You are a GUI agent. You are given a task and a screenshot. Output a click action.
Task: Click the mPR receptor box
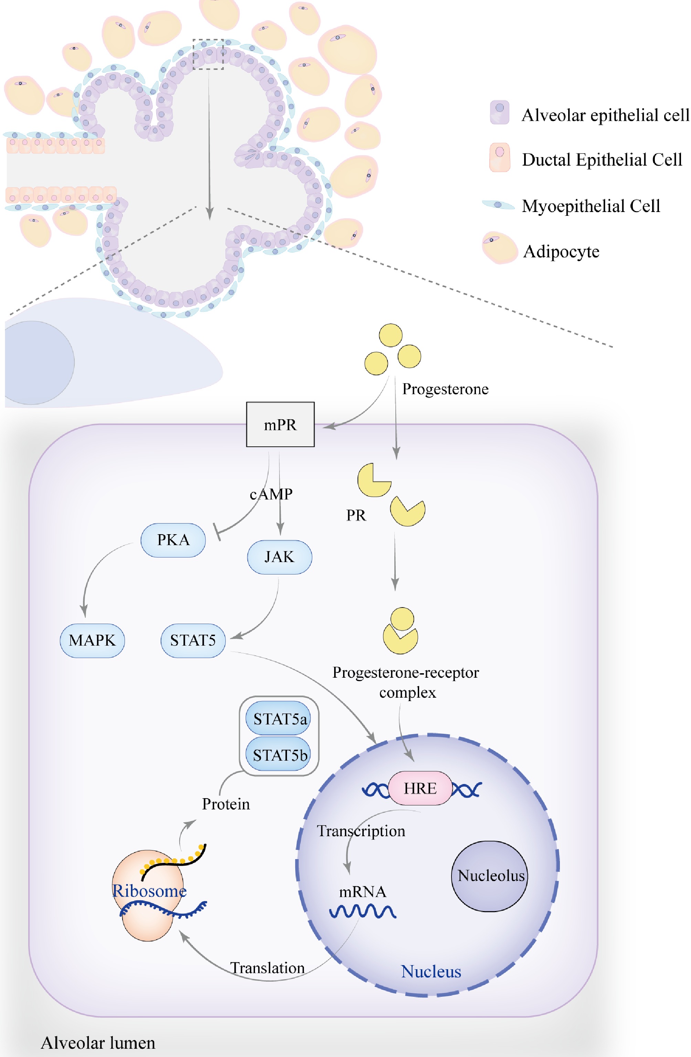click(280, 425)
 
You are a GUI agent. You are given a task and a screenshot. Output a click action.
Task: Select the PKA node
click(173, 540)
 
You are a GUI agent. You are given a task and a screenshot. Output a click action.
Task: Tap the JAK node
click(279, 557)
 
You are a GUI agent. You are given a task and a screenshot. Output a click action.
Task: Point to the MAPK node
click(92, 641)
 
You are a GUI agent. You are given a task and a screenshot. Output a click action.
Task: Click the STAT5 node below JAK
click(193, 641)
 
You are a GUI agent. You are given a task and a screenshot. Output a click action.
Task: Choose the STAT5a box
click(278, 719)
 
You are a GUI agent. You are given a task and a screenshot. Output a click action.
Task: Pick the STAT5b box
click(278, 755)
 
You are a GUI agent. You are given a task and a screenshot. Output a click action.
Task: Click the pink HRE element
click(420, 788)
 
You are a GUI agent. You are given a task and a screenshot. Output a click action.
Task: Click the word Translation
click(267, 968)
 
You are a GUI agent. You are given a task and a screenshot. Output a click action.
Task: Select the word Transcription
click(361, 831)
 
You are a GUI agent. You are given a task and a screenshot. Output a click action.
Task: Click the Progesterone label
click(445, 389)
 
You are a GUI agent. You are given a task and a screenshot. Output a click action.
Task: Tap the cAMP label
click(271, 494)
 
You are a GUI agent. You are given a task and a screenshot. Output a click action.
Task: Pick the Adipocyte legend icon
click(500, 248)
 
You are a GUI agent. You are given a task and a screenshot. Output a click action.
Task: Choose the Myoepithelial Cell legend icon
click(498, 205)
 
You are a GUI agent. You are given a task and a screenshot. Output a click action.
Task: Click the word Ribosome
click(149, 891)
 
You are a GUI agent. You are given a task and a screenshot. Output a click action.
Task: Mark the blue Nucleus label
click(431, 972)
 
